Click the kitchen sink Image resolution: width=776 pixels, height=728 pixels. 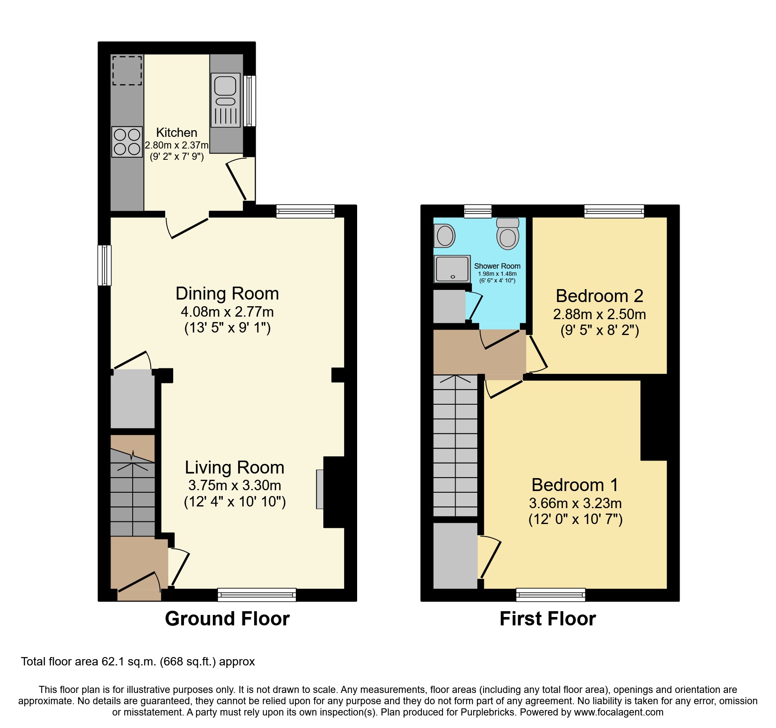point(225,100)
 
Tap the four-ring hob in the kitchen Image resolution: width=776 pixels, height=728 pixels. point(127,142)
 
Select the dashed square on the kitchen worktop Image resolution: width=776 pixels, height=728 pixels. point(127,71)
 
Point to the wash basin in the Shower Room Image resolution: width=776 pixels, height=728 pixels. point(445,236)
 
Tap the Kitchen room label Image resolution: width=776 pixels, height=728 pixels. point(176,133)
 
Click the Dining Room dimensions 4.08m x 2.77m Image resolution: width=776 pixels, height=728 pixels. point(227,312)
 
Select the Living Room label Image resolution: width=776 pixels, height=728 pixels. point(234,467)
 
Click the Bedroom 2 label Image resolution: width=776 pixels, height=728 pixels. point(599,296)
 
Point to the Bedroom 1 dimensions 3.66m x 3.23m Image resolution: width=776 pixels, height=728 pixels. point(575,503)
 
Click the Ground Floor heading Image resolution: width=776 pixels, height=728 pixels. point(227,618)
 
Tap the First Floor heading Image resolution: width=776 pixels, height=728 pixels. point(547,618)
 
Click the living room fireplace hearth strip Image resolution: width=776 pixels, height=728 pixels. point(320,489)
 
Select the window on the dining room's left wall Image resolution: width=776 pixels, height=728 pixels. point(104,265)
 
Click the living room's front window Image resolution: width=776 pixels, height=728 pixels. point(257,595)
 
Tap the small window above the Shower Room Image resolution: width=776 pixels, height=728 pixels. point(478,211)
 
